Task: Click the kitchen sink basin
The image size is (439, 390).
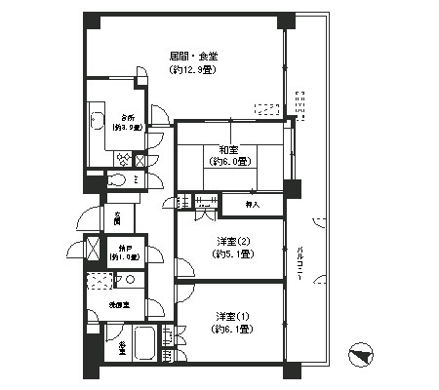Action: tap(98, 122)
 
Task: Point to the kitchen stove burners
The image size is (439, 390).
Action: tap(124, 159)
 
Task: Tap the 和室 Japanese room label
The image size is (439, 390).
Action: tap(229, 149)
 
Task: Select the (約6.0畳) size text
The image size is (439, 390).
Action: tap(229, 162)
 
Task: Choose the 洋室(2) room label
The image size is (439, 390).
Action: tap(231, 242)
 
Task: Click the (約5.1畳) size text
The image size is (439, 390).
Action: tap(231, 255)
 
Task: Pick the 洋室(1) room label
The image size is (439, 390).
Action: tap(232, 316)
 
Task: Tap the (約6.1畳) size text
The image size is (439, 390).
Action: tap(232, 330)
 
